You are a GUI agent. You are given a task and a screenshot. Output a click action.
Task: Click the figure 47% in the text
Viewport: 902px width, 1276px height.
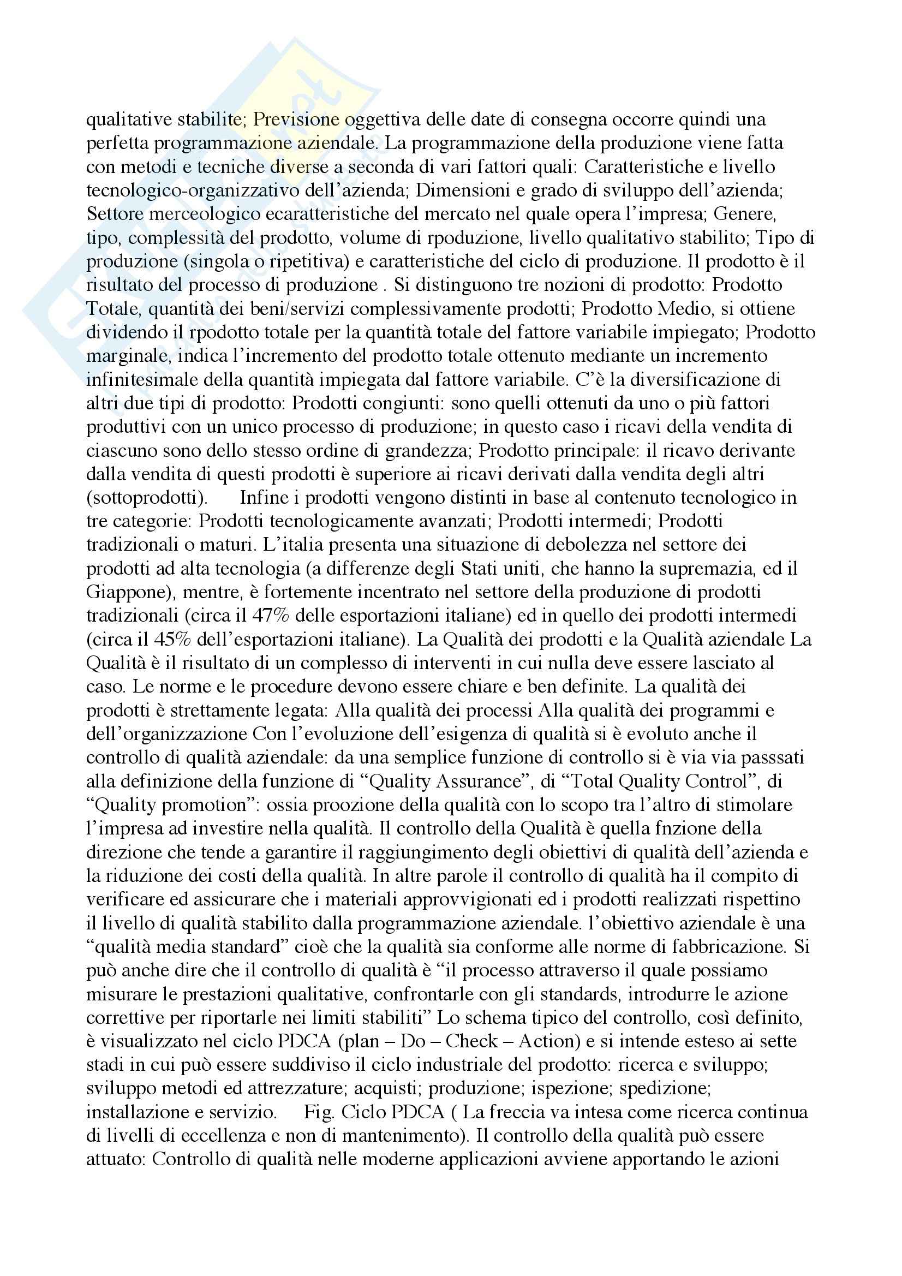pyautogui.click(x=271, y=616)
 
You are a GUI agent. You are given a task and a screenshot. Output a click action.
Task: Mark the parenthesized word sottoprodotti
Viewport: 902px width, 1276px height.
pyautogui.click(x=147, y=497)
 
